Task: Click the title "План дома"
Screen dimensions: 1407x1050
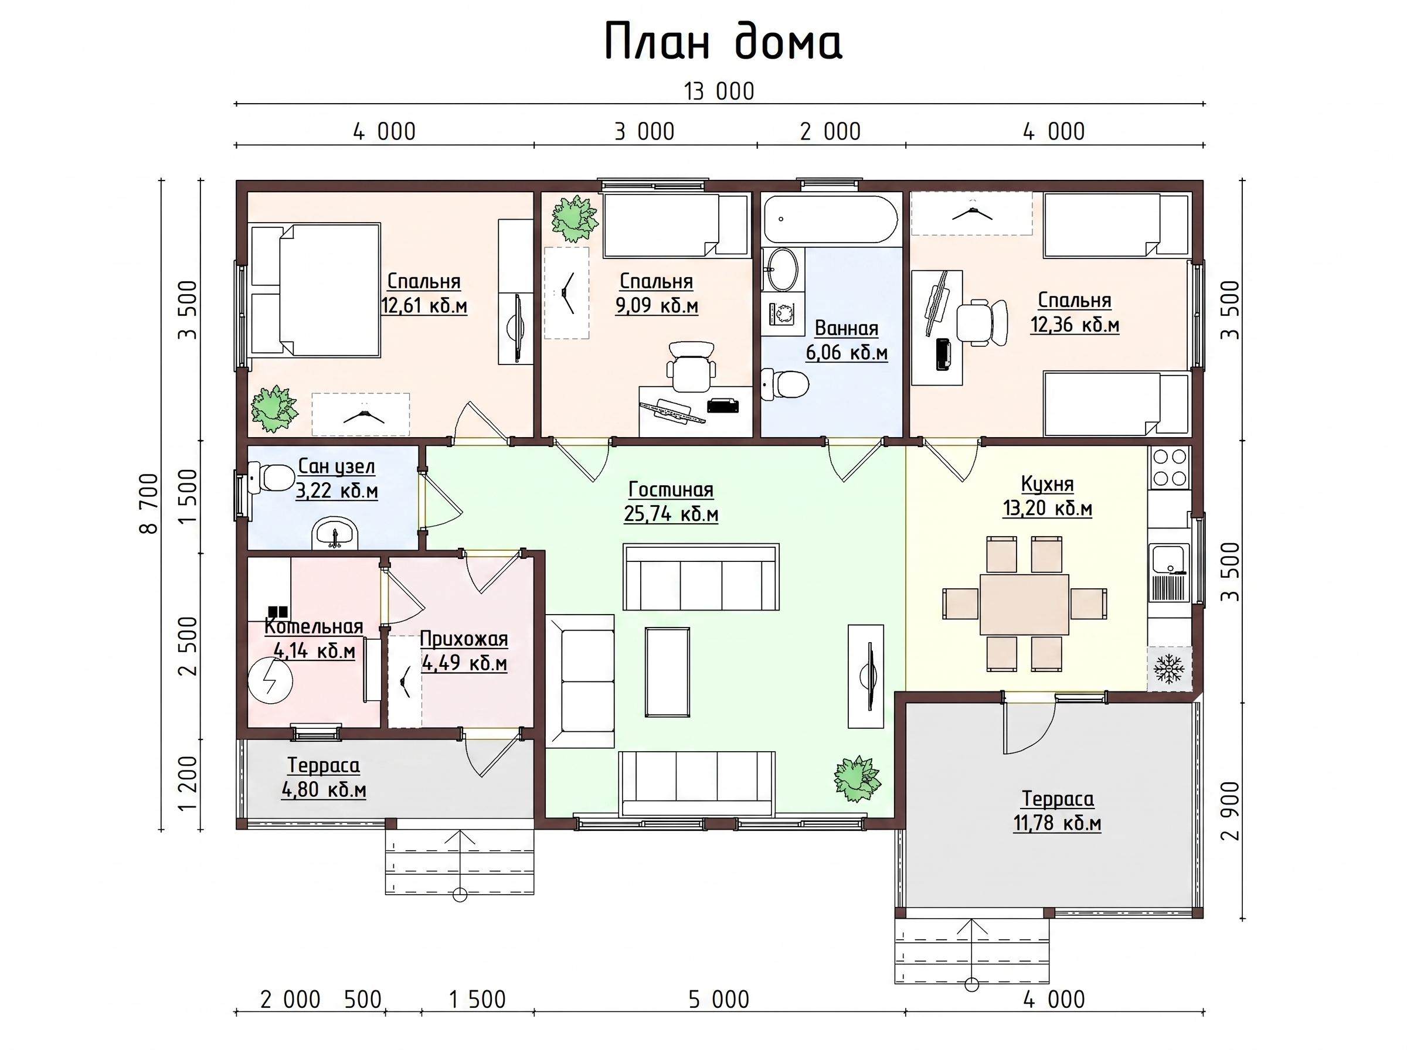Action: coord(723,42)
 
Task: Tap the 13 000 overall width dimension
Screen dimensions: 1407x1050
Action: coord(719,91)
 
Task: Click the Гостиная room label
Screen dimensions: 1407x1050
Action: coord(671,489)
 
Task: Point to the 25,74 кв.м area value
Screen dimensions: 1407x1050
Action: coord(671,513)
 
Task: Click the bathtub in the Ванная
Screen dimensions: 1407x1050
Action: coord(830,219)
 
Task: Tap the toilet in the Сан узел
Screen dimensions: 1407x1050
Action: coord(270,478)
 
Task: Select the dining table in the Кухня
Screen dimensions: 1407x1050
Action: coord(1024,604)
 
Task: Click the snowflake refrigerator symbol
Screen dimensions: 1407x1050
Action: coord(1168,669)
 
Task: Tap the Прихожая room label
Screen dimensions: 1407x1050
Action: coord(464,639)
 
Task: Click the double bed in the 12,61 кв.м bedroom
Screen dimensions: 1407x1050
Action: coord(316,289)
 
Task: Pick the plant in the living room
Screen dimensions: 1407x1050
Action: coord(858,780)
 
